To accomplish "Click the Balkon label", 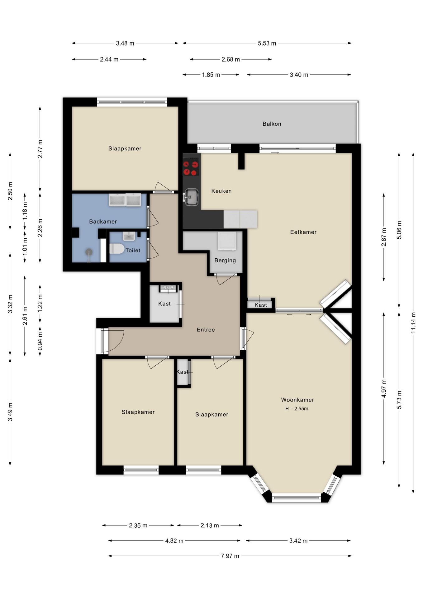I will [x=272, y=124].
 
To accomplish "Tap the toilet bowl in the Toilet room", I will [x=117, y=249].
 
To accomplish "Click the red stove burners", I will [x=191, y=168].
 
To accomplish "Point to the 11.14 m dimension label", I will [x=413, y=323].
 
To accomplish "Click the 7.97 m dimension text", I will [x=230, y=556].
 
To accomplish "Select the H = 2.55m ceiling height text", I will [x=297, y=409].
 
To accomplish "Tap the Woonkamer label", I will [x=297, y=400].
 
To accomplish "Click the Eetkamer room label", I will [x=303, y=232].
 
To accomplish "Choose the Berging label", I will [x=225, y=261].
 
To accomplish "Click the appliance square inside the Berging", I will [x=227, y=241].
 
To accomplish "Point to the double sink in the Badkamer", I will [x=125, y=200].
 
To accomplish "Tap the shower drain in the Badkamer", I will [x=89, y=251].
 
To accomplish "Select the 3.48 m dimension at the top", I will [x=125, y=43].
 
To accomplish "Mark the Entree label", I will [x=206, y=330].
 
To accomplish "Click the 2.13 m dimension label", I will [x=210, y=525].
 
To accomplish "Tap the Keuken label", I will [x=221, y=191].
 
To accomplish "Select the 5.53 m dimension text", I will [x=267, y=43].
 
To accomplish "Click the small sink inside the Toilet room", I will [x=129, y=236].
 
